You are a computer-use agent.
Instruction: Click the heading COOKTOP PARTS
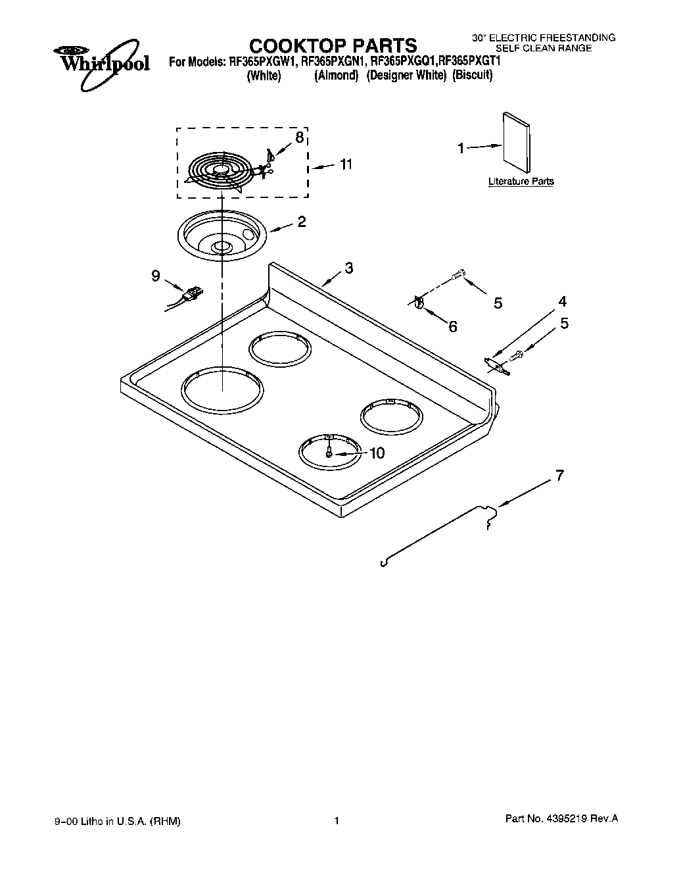(333, 45)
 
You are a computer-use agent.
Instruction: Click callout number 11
(345, 164)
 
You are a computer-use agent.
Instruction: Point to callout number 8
(299, 137)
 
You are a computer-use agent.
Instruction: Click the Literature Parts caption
(521, 182)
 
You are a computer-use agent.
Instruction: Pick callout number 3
(348, 268)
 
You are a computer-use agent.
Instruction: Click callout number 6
(452, 326)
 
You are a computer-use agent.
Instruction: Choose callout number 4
(563, 302)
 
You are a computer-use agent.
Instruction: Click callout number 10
(377, 453)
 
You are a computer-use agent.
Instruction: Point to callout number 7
(559, 475)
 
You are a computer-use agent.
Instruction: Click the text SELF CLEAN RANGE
(544, 48)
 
